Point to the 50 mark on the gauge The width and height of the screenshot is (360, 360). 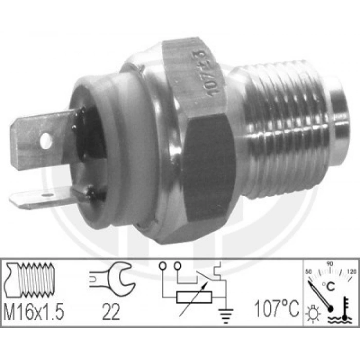coord(309,272)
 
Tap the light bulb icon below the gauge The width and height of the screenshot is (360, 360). coord(312,313)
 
